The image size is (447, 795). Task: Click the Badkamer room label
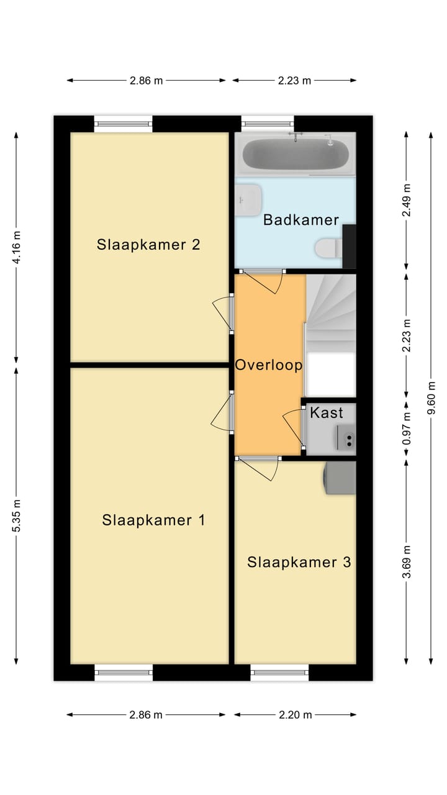[x=301, y=220]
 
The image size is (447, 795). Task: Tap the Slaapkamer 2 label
[x=148, y=245]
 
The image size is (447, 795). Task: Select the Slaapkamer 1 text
[x=153, y=520]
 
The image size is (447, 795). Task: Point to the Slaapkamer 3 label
[x=299, y=562]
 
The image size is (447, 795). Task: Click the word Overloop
[x=269, y=365]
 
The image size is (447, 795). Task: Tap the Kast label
[x=327, y=413]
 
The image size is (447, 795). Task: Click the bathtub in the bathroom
[x=296, y=153]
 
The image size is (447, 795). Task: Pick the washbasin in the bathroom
[x=248, y=200]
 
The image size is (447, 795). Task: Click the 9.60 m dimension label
[x=431, y=398]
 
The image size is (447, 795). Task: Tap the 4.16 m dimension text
[x=16, y=247]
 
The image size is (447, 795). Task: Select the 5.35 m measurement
[x=16, y=516]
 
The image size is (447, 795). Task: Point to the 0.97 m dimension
[x=407, y=429]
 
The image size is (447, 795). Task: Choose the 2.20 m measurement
[x=295, y=714]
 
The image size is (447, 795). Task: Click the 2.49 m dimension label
[x=407, y=200]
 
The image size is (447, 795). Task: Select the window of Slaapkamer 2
[x=123, y=124]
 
